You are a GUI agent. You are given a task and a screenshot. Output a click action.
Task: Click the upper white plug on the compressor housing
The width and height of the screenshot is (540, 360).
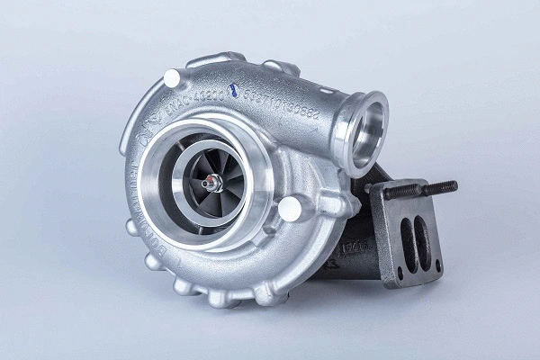coord(171,79)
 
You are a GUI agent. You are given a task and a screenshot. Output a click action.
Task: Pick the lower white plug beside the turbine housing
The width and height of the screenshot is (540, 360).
coord(289,210)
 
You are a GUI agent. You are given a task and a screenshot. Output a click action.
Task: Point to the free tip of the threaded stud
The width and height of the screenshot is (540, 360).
coord(452,186)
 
